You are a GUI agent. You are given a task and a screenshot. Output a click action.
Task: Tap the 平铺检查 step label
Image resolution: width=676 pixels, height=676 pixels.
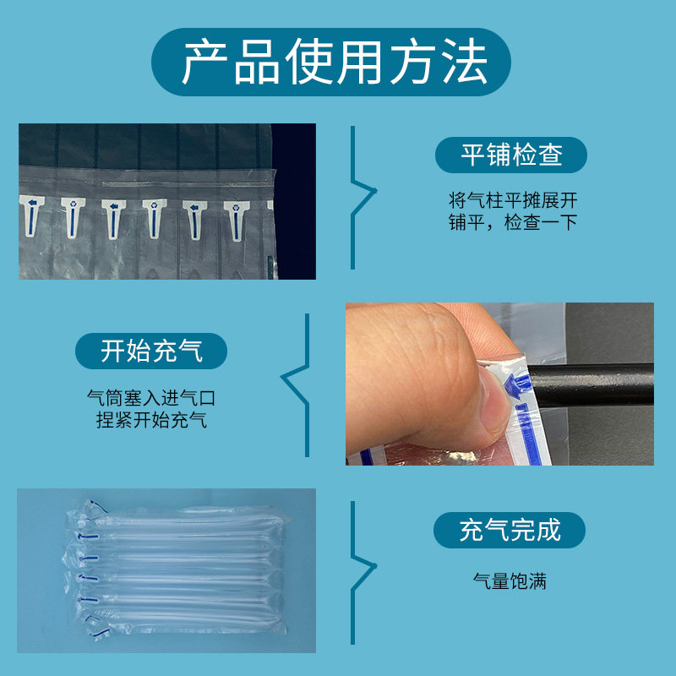pos(510,155)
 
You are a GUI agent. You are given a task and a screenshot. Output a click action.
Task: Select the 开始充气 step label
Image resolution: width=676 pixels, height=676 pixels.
pos(151,350)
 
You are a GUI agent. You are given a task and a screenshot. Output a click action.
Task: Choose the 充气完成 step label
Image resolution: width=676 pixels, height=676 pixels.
pos(510,530)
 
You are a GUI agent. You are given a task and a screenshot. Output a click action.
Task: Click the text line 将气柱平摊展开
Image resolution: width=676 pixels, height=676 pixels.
pos(513,201)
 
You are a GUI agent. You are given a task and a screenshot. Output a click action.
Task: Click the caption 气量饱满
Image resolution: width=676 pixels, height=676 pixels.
pos(510,581)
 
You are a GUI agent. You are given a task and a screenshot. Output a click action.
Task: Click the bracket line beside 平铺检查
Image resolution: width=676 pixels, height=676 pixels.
pos(361,199)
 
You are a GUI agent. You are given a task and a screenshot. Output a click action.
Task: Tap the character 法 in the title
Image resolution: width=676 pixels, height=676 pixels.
pos(463,62)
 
